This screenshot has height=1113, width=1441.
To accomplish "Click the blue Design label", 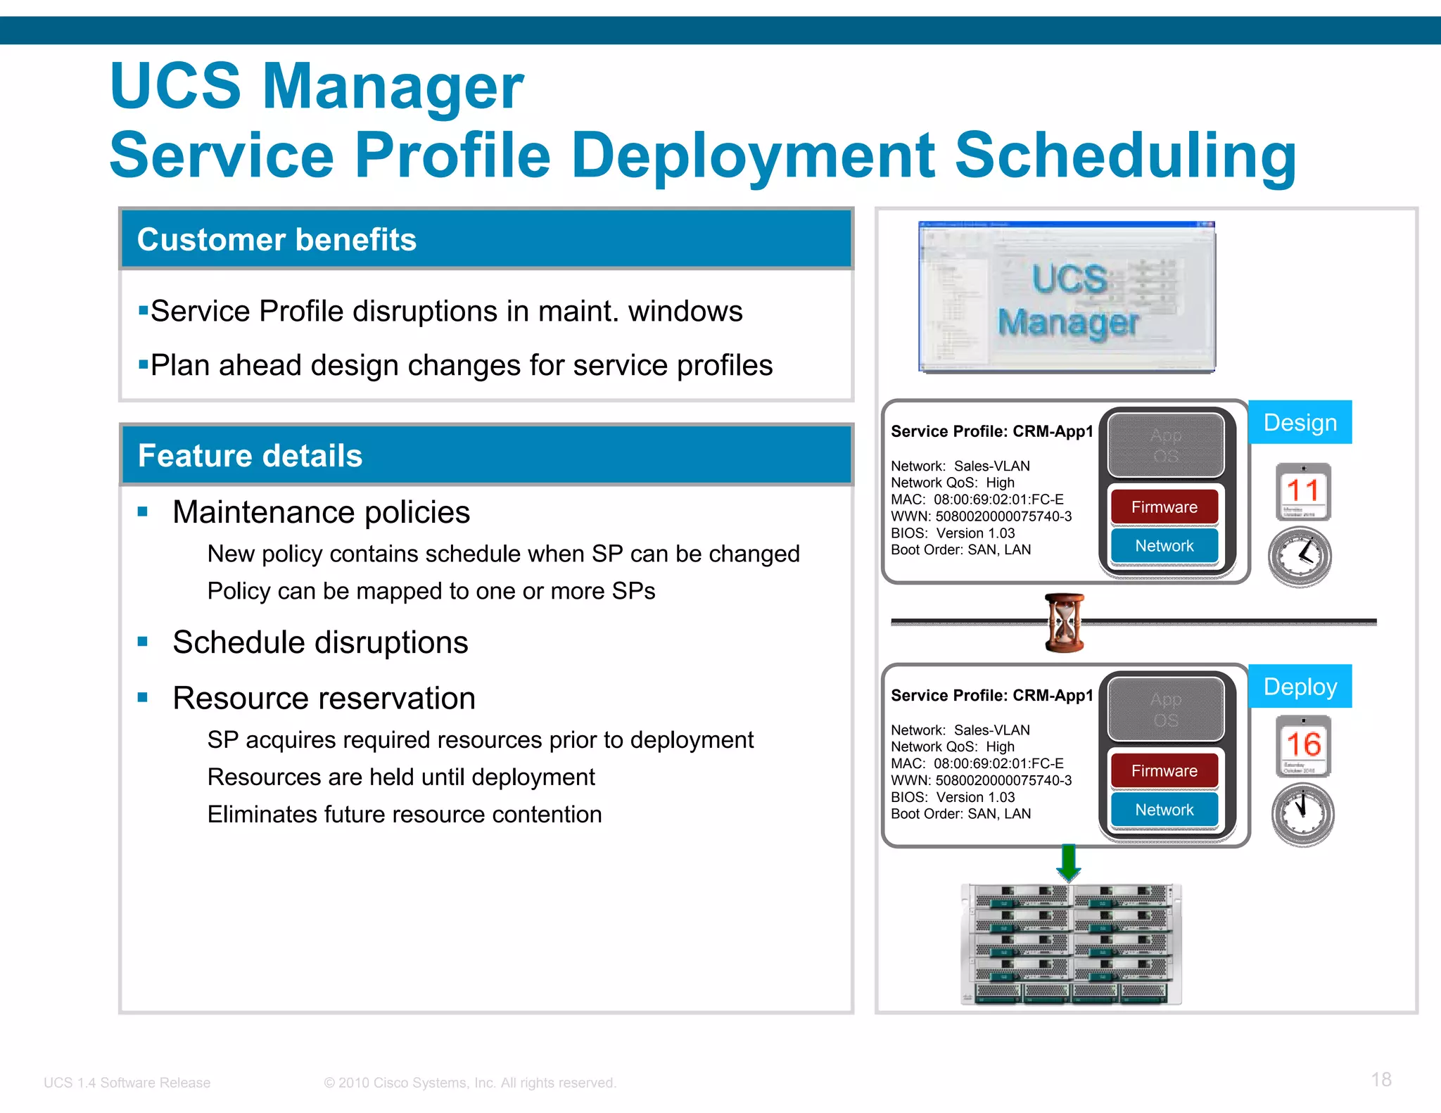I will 1300,422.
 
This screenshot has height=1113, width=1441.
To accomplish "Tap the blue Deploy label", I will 1300,686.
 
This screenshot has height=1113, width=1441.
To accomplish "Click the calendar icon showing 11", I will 1303,491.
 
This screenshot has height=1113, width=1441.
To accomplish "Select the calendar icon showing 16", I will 1303,746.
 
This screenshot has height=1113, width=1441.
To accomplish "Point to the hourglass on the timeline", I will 1065,623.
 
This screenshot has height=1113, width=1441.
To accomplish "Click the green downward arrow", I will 1069,862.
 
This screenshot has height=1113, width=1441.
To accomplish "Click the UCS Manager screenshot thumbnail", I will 1067,297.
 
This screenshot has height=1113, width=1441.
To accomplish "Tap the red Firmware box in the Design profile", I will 1164,507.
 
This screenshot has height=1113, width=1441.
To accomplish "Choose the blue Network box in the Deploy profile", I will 1164,810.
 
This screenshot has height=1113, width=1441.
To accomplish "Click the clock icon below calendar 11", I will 1300,556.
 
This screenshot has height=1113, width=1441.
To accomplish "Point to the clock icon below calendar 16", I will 1302,814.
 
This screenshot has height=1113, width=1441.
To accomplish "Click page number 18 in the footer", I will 1380,1080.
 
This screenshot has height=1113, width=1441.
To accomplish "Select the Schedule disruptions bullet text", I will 320,642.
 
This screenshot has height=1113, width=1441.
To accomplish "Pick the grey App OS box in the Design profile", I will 1165,445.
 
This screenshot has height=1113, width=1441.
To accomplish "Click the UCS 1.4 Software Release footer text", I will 127,1083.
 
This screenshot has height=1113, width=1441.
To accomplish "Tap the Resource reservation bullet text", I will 324,698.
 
